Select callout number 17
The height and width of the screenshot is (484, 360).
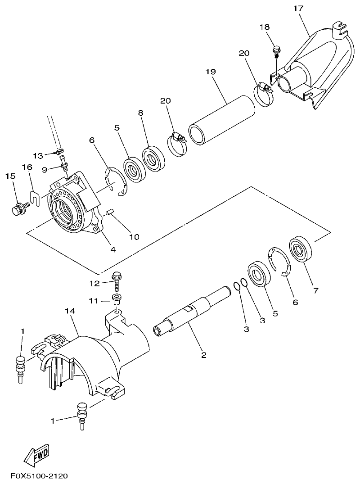pyautogui.click(x=298, y=9)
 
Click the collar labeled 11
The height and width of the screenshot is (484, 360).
pyautogui.click(x=117, y=299)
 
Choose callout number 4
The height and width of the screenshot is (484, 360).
pyautogui.click(x=113, y=249)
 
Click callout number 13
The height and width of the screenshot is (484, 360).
pyautogui.click(x=38, y=155)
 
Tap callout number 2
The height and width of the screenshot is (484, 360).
pyautogui.click(x=204, y=355)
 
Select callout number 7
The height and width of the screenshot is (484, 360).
pyautogui.click(x=315, y=291)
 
